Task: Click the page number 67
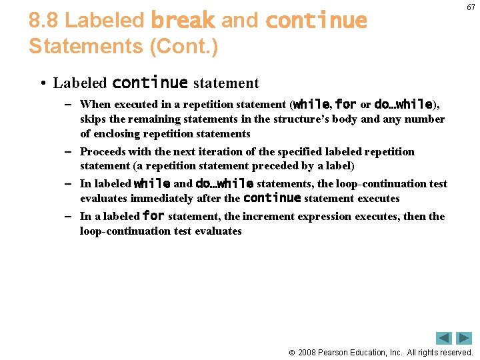click(471, 7)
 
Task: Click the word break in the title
click(182, 21)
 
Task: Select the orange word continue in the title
click(316, 21)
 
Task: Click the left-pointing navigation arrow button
click(444, 338)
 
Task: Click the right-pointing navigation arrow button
click(464, 338)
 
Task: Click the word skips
click(93, 119)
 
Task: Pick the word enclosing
click(118, 133)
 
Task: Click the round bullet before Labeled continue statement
click(42, 83)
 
